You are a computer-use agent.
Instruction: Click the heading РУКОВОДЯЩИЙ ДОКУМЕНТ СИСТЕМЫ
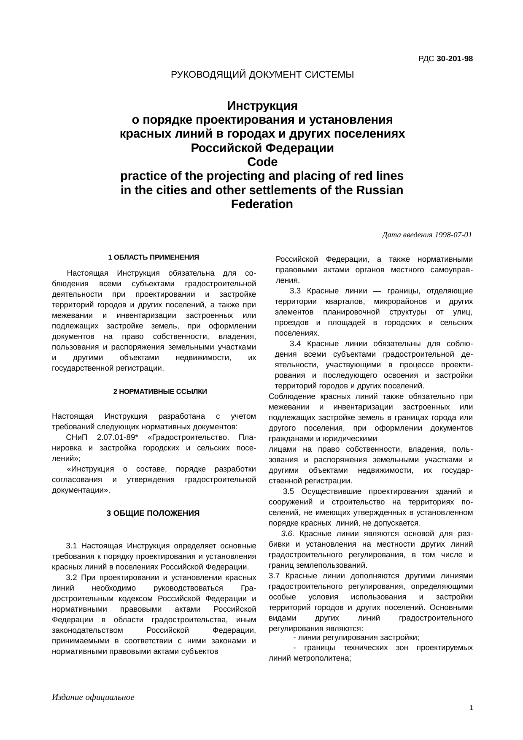262,75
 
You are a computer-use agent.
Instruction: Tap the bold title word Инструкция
262,105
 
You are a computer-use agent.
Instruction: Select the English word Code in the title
262,162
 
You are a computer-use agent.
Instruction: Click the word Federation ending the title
262,204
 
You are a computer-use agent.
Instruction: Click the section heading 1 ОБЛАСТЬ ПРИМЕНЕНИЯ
154,258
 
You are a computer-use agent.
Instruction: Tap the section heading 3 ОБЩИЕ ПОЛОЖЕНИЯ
153,513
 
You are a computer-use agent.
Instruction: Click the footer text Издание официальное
93,697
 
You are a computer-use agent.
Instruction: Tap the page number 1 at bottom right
471,708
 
